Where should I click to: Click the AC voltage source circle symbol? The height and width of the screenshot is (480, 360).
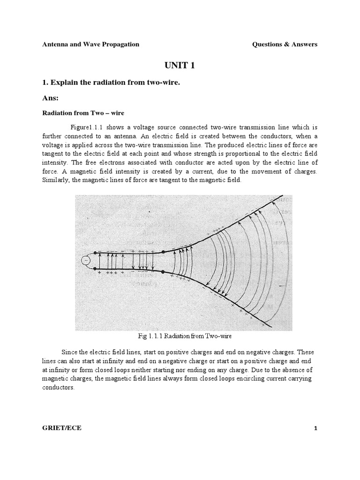tap(86, 261)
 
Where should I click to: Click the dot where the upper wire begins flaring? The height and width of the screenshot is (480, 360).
tap(163, 252)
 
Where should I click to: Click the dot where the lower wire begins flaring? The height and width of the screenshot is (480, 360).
tap(163, 269)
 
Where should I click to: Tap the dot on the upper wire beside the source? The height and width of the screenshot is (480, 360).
tap(96, 252)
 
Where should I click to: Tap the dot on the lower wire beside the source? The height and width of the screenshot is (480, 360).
tap(96, 269)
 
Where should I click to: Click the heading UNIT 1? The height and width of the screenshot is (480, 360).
tap(180, 65)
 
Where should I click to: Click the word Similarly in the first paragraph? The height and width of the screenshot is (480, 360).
tap(56, 181)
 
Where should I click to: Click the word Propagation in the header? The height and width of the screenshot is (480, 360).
tap(118, 45)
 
